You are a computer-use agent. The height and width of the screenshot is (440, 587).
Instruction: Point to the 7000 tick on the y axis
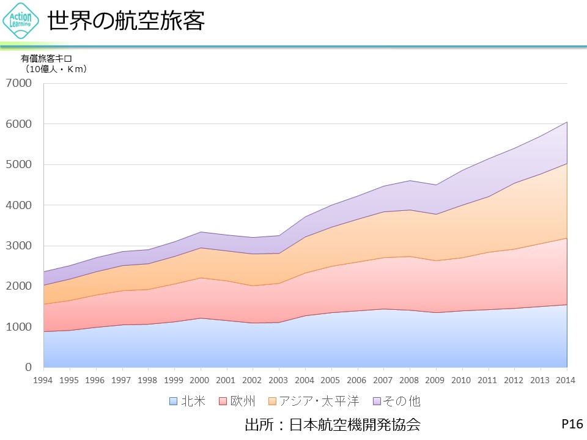[20, 83]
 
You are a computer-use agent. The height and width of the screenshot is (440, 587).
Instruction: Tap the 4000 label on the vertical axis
[20, 205]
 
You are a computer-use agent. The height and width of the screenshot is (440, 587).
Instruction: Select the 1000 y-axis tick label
[20, 327]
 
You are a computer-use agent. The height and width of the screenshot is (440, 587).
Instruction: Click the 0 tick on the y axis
[28, 367]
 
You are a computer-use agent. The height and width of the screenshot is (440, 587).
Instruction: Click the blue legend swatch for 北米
[173, 402]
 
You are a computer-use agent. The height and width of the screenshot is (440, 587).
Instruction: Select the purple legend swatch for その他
[377, 402]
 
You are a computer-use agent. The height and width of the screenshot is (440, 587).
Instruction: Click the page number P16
[572, 424]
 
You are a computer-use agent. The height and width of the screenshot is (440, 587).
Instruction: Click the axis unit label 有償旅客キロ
[46, 59]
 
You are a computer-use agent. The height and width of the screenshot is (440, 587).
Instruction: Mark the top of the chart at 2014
[567, 122]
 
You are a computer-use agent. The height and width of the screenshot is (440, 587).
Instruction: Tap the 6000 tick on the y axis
[20, 124]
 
